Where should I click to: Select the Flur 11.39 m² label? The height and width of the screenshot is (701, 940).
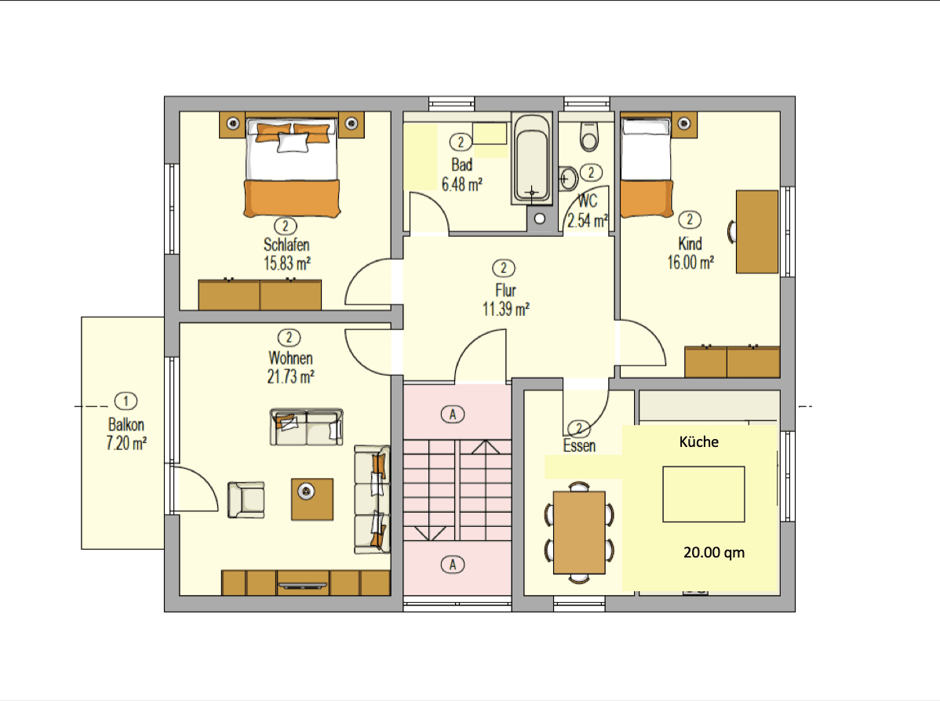(505, 300)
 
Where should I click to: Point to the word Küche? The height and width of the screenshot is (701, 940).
(698, 442)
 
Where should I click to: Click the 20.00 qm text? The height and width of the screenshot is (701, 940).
(713, 553)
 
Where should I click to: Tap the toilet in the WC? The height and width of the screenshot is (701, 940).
(588, 136)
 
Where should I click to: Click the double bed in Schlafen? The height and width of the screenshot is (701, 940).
(293, 168)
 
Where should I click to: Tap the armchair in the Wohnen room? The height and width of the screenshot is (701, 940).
(246, 499)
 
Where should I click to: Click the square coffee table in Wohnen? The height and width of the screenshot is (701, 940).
(312, 499)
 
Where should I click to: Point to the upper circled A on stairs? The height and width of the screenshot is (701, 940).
(452, 414)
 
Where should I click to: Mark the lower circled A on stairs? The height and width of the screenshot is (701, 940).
(452, 563)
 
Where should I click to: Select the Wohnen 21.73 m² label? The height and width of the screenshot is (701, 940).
(290, 368)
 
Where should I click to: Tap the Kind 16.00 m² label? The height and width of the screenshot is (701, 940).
(690, 253)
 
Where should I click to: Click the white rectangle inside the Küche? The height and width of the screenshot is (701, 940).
(703, 494)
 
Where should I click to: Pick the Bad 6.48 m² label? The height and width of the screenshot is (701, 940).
(461, 175)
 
